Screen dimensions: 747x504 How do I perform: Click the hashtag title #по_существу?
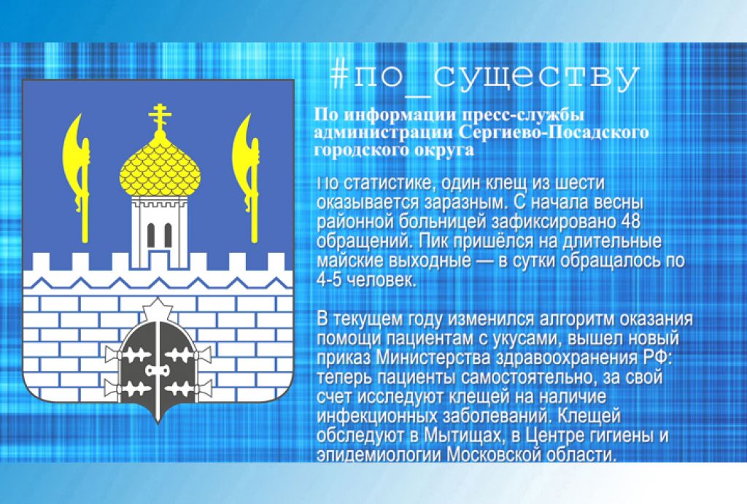484,77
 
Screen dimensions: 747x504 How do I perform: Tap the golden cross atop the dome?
160,117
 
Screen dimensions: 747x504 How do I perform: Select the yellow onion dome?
160,164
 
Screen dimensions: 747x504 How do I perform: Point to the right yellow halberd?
247,177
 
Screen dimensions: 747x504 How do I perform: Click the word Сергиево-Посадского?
554,132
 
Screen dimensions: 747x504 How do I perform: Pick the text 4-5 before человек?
330,280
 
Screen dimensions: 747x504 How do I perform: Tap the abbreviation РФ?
657,357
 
